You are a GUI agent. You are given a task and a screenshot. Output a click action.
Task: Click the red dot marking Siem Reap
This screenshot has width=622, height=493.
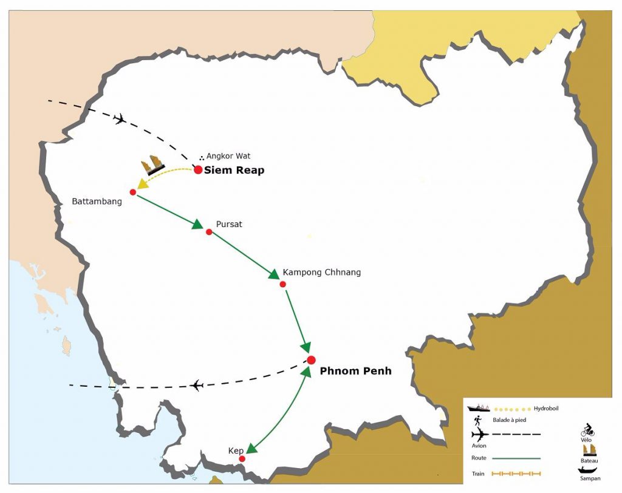pos(198,170)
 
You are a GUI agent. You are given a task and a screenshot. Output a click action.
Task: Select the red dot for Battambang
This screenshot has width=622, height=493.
pos(133,192)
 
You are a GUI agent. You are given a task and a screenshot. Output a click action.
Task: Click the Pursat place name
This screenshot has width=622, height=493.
pos(229,224)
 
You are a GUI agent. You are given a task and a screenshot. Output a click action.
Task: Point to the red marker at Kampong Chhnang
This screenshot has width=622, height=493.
pos(283,284)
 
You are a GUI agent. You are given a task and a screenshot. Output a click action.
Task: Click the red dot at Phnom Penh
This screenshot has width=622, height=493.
pos(311,360)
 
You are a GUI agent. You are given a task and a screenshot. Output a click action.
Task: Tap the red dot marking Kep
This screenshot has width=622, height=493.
pos(242,459)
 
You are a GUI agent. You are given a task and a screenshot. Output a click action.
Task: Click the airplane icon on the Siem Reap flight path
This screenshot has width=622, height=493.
pos(120,118)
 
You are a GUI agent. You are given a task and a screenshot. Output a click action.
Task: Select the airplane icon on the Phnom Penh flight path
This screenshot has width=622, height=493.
pos(196,385)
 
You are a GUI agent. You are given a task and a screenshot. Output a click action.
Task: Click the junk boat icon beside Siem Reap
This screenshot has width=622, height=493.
pos(154,165)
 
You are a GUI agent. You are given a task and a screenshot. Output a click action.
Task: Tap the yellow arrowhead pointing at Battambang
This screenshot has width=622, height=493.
pos(142,183)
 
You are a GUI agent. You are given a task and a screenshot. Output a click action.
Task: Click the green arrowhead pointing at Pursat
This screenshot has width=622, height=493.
pos(197,225)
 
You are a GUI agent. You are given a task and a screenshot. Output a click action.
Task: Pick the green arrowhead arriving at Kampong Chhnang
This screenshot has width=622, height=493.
pos(273,276)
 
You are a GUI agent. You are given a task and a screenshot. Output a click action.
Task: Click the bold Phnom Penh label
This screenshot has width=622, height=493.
pos(355,371)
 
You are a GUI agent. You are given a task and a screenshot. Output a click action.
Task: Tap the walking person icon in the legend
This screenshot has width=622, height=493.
pos(479,420)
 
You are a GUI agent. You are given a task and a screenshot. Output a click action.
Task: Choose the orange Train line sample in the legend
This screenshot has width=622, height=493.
pos(516,474)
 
